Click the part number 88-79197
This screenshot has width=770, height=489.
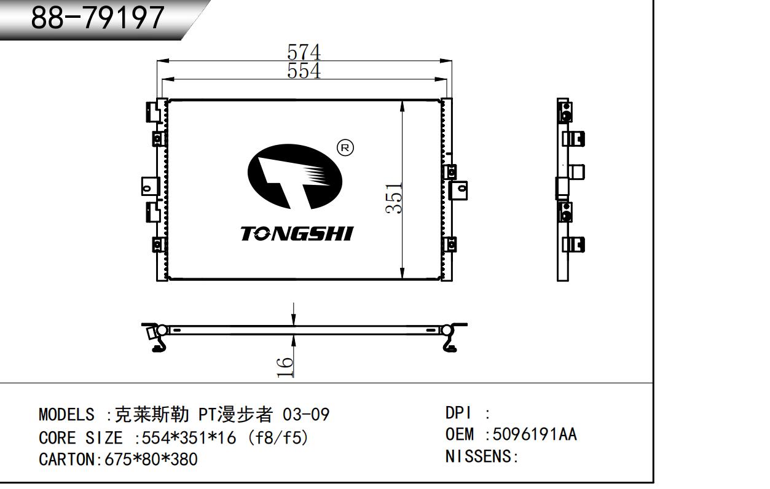[98, 18]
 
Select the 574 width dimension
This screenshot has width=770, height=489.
[304, 52]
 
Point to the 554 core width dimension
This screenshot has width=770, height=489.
[304, 71]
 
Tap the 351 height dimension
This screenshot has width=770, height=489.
[394, 198]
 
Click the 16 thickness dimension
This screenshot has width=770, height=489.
[285, 366]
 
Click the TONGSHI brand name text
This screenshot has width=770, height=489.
[297, 234]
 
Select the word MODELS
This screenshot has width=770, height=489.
[66, 415]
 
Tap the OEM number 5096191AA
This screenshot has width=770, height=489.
[534, 434]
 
